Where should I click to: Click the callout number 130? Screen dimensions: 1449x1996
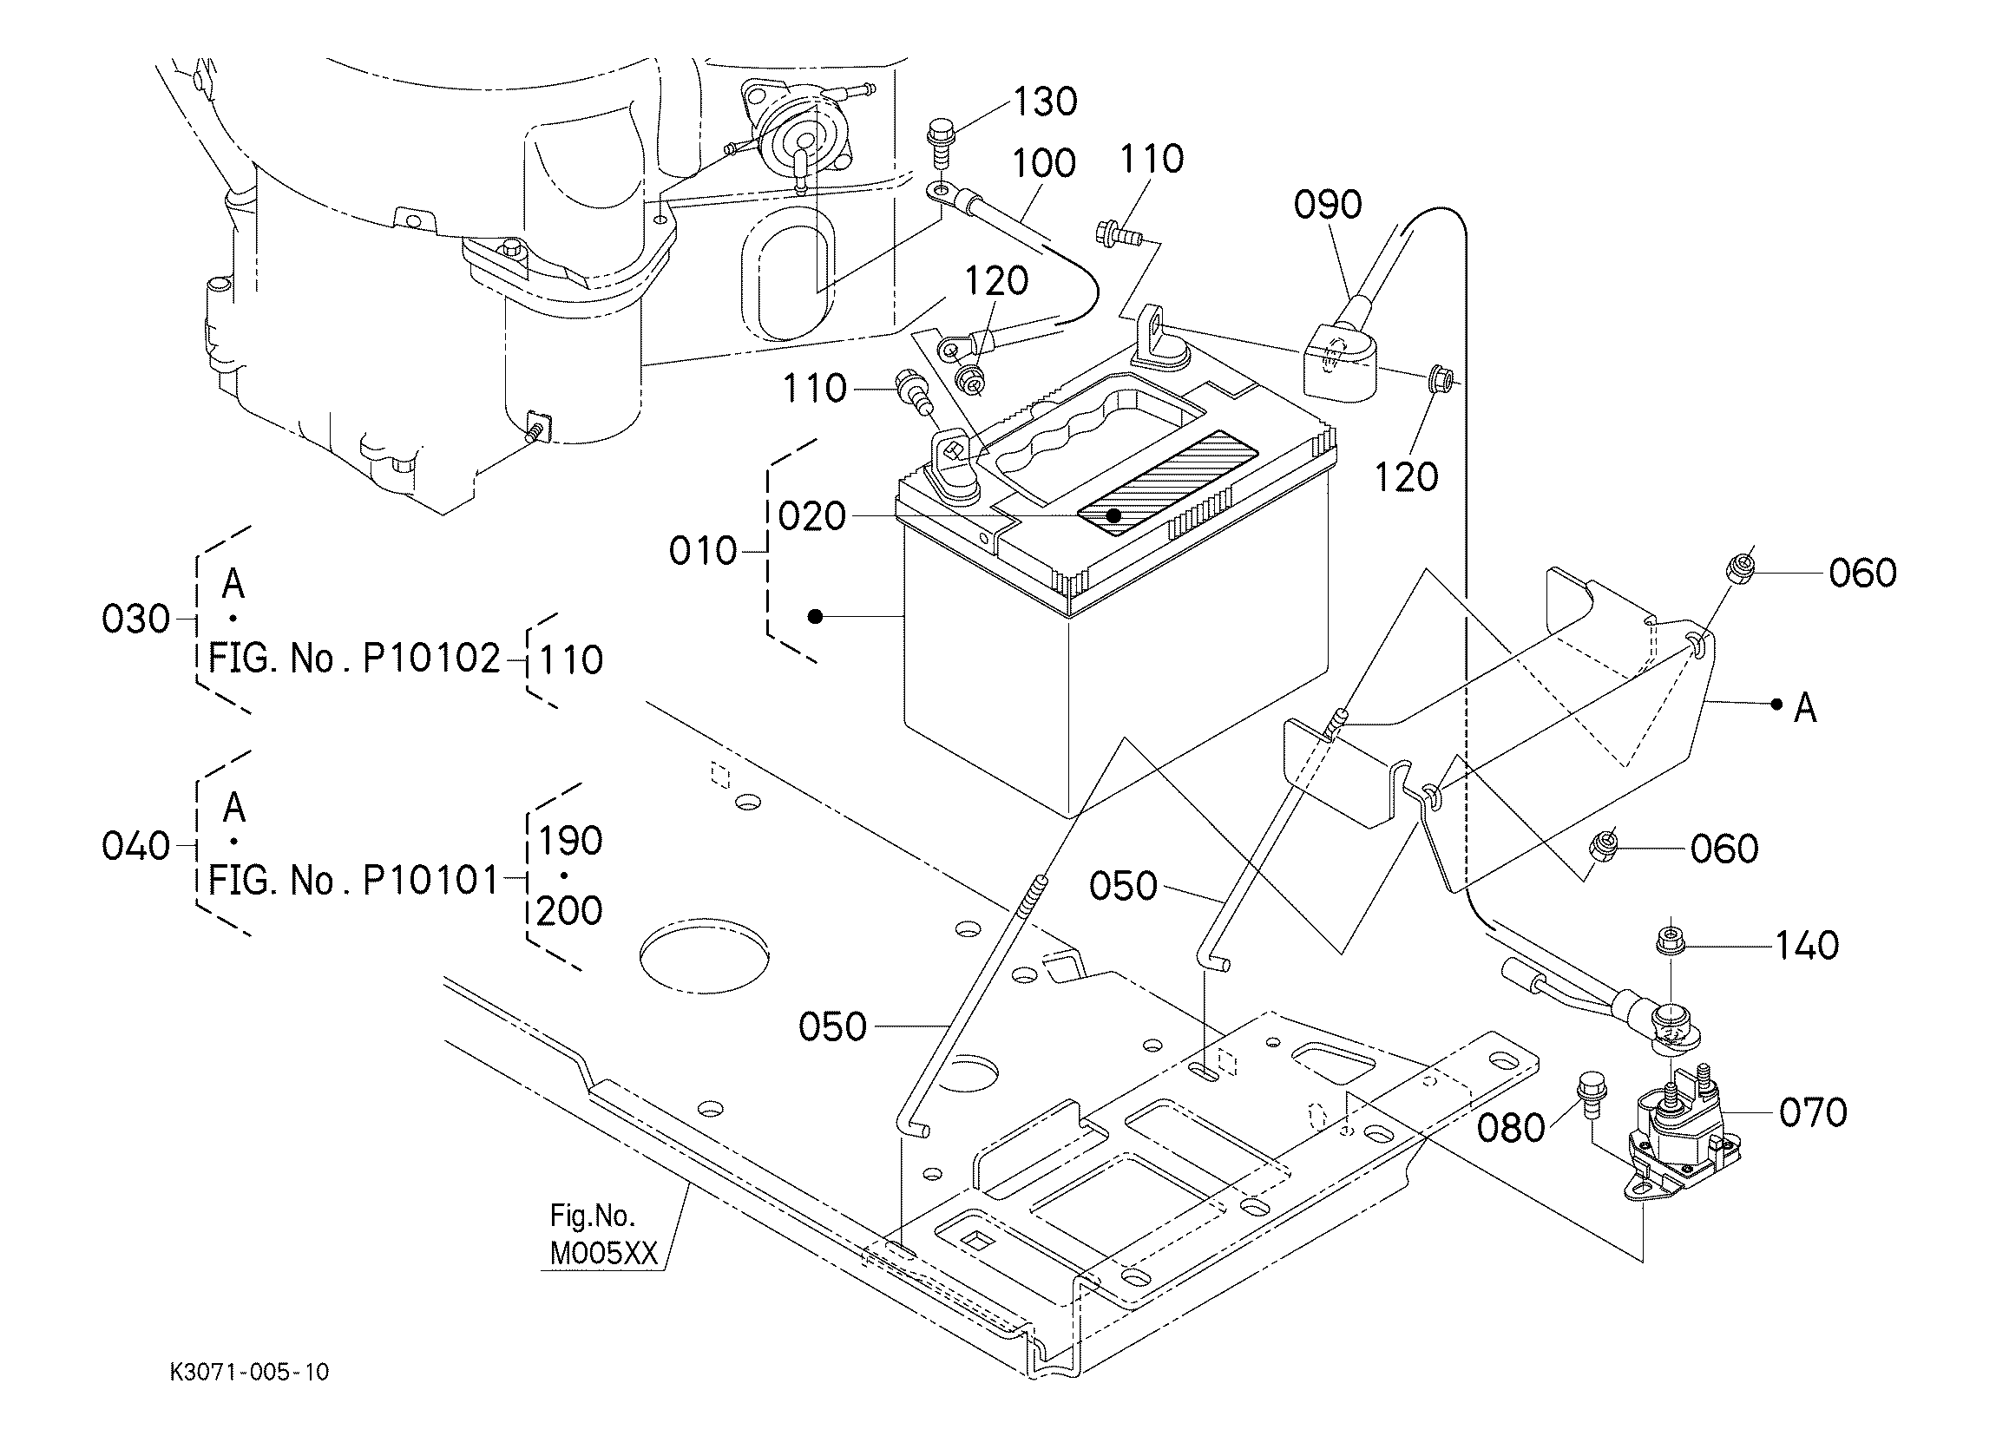pyautogui.click(x=1045, y=102)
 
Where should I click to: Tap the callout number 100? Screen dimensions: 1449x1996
pyautogui.click(x=1044, y=164)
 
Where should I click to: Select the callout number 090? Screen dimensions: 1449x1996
pyautogui.click(x=1327, y=205)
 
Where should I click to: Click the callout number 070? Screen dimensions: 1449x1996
pyautogui.click(x=1813, y=1113)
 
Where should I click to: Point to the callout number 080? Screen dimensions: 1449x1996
pyautogui.click(x=1510, y=1128)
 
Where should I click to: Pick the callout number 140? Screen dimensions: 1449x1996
pyautogui.click(x=1806, y=947)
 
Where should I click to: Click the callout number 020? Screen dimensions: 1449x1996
pyautogui.click(x=811, y=516)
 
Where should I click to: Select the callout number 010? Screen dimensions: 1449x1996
pyautogui.click(x=702, y=552)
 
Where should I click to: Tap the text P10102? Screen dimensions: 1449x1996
pyautogui.click(x=431, y=659)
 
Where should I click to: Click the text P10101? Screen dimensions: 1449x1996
pyautogui.click(x=431, y=880)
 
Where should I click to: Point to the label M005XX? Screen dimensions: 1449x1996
pyautogui.click(x=604, y=1254)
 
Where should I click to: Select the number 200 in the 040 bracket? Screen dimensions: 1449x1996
pyautogui.click(x=569, y=911)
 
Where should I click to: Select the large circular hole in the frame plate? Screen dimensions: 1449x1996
pyautogui.click(x=704, y=957)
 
